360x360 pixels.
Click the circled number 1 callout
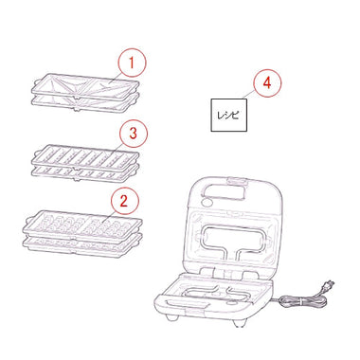point(132,63)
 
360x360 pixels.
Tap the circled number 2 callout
point(123,200)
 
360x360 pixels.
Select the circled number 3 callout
point(133,133)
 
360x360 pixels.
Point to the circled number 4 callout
point(267,82)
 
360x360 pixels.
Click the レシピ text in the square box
point(228,116)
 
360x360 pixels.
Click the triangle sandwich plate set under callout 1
point(85,93)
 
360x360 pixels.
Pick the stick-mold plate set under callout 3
point(85,163)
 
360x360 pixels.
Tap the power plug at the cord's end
point(328,286)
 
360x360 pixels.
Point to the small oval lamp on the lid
point(207,201)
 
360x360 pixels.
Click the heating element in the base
point(218,293)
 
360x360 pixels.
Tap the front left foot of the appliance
point(172,317)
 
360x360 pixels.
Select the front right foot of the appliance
point(239,323)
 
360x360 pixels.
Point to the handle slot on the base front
point(187,304)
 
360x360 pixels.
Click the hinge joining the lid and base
point(225,272)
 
